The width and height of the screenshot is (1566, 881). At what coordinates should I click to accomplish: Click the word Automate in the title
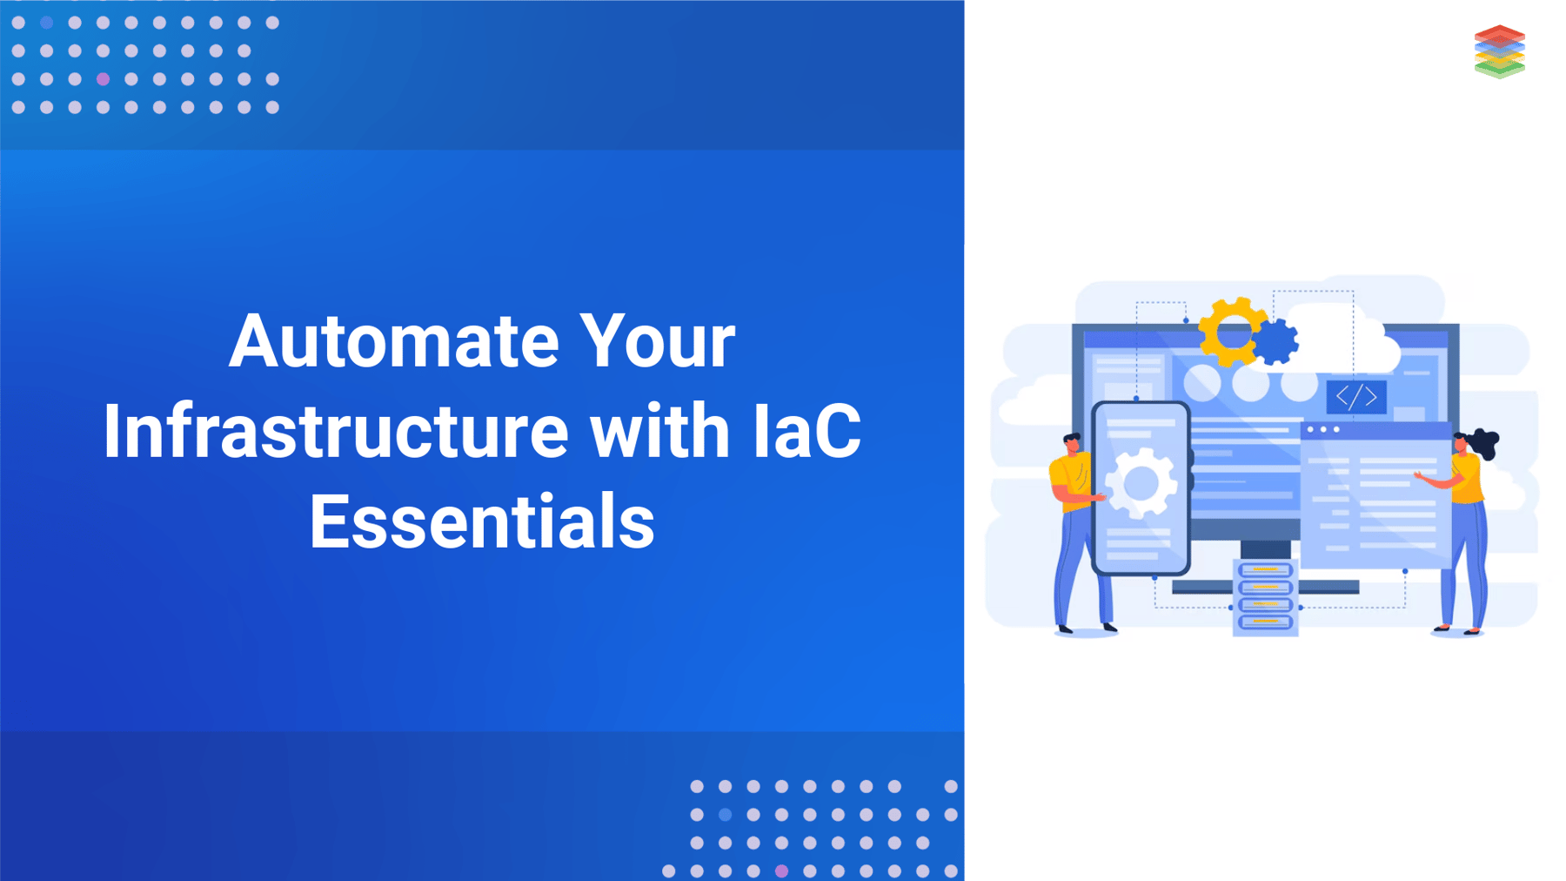click(x=394, y=340)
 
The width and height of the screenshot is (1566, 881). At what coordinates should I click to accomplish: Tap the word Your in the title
click(x=658, y=340)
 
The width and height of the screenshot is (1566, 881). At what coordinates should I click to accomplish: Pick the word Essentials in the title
click(x=482, y=521)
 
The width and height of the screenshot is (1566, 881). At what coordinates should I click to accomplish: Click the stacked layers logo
click(x=1500, y=51)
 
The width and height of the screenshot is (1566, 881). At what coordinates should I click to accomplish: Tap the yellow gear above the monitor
click(x=1229, y=332)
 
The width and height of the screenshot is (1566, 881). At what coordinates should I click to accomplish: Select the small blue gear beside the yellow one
click(x=1276, y=341)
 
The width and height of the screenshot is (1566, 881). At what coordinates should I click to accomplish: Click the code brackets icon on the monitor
click(x=1356, y=397)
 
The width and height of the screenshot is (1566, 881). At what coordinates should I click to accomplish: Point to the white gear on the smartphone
click(x=1141, y=483)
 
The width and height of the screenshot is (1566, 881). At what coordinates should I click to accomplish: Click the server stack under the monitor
click(x=1265, y=597)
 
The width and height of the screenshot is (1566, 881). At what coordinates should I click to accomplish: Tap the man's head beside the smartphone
click(x=1073, y=443)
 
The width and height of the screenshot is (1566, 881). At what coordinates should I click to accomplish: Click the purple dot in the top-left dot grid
click(x=103, y=79)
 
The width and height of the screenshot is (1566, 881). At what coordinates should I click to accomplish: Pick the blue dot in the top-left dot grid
click(x=47, y=23)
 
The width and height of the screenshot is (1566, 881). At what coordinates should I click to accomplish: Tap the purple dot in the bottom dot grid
click(x=781, y=871)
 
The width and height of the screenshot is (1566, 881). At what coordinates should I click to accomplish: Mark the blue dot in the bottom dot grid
click(x=725, y=815)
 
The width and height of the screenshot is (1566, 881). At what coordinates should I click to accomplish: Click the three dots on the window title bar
click(x=1323, y=429)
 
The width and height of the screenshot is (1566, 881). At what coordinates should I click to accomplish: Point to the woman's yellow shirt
click(x=1466, y=479)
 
